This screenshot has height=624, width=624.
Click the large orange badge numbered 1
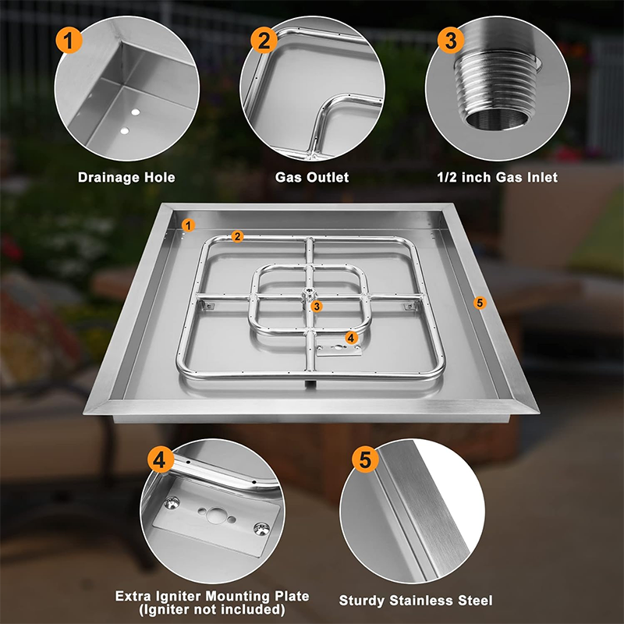point(69,40)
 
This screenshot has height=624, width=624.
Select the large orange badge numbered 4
point(162,460)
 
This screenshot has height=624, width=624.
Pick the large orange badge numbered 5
point(363,460)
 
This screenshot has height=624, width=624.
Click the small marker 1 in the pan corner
point(186,225)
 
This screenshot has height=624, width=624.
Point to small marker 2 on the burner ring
point(237,236)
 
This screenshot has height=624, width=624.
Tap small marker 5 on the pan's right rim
point(480,302)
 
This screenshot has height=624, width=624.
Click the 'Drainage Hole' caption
point(126,177)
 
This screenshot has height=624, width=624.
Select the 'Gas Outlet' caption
point(312,177)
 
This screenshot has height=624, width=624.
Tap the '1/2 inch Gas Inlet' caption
point(497,177)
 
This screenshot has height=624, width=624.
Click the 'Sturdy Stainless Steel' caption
point(416,600)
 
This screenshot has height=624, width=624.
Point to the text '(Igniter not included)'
point(212,608)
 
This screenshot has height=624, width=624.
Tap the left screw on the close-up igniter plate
point(172,503)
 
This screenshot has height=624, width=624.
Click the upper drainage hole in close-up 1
point(136,113)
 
